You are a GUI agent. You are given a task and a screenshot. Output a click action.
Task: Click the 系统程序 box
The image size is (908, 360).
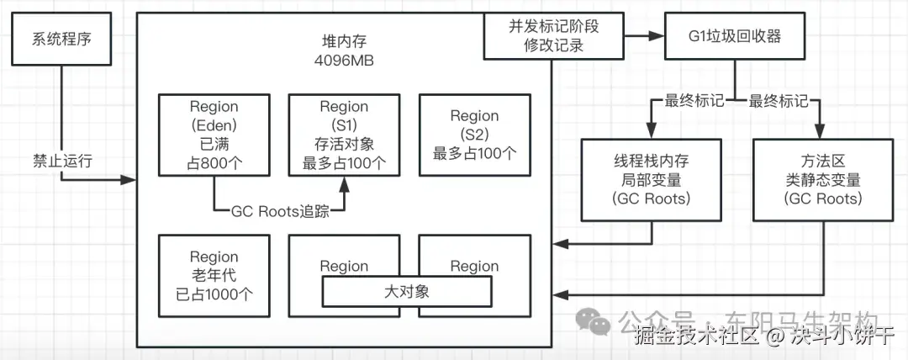tap(61, 40)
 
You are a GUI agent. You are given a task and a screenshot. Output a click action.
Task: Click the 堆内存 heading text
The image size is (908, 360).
tap(344, 42)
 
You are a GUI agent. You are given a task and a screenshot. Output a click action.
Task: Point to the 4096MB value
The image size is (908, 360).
tap(344, 61)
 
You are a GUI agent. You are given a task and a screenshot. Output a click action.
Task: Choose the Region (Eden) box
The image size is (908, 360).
tap(214, 135)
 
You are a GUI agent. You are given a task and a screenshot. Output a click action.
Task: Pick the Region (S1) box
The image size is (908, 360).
tap(344, 135)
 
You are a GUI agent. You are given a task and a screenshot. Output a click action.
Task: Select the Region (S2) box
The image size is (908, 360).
tap(474, 135)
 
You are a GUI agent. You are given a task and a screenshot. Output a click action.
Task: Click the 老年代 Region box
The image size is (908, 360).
tap(214, 276)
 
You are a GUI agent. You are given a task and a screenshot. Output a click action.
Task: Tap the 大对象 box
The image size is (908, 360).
tap(407, 292)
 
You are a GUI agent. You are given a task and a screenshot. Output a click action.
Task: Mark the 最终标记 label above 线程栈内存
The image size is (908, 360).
tap(694, 101)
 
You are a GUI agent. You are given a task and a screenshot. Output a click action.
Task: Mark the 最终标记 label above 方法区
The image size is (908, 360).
tap(778, 101)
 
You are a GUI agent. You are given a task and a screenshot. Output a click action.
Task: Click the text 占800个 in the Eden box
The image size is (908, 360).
tap(214, 162)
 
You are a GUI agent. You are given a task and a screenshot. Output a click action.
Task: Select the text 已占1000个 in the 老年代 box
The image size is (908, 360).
tap(214, 294)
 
